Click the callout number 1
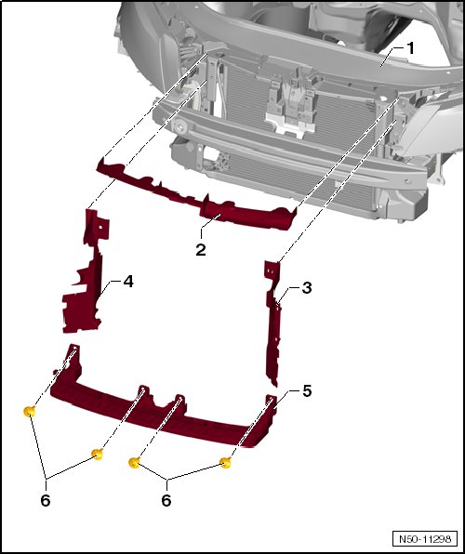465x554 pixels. pyautogui.click(x=410, y=48)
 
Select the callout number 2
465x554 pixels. pyautogui.click(x=201, y=250)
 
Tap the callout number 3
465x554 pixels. pyautogui.click(x=307, y=288)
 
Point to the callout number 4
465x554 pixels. pyautogui.click(x=128, y=282)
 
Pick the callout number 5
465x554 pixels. pyautogui.click(x=307, y=391)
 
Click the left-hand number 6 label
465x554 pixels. pyautogui.click(x=46, y=500)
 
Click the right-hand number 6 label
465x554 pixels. pyautogui.click(x=166, y=500)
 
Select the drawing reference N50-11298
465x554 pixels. pyautogui.click(x=425, y=539)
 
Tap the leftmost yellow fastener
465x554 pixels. pyautogui.click(x=30, y=411)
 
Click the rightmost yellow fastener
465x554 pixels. pyautogui.click(x=226, y=462)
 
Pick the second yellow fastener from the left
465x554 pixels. pyautogui.click(x=97, y=454)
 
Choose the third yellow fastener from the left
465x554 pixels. pyautogui.click(x=134, y=462)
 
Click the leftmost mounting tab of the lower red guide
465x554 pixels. pyautogui.click(x=73, y=351)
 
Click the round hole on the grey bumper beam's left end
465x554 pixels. pyautogui.click(x=179, y=126)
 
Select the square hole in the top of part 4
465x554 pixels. pyautogui.click(x=100, y=227)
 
